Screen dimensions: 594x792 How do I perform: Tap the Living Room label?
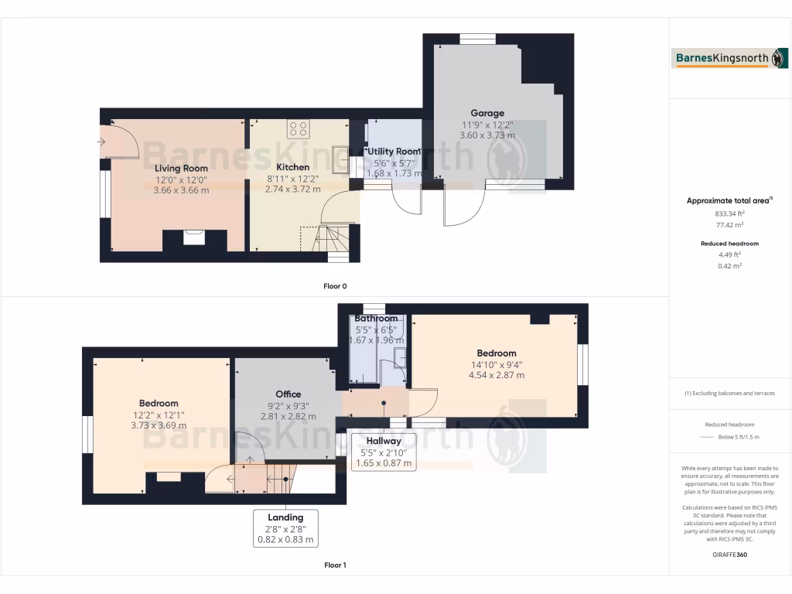pos(181,168)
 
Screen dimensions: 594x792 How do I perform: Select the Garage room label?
pos(487,113)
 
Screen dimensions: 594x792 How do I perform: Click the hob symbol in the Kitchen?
pos(298,128)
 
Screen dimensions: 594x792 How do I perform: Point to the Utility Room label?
pos(394,152)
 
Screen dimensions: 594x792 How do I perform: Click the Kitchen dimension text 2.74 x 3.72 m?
pos(292,189)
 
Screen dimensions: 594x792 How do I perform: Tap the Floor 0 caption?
pos(335,286)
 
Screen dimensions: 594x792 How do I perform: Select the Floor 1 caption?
pos(335,565)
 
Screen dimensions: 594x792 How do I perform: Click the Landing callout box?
pos(285,528)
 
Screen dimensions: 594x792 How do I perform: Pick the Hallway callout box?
pos(384,452)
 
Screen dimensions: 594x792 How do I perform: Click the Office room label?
pos(288,394)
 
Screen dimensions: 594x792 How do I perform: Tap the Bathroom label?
pos(376,319)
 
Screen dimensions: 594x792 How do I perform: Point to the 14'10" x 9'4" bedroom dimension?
pos(496,365)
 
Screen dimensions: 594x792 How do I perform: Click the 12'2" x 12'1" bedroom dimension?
pos(159,414)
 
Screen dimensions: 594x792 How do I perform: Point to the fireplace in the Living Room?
pos(194,237)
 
